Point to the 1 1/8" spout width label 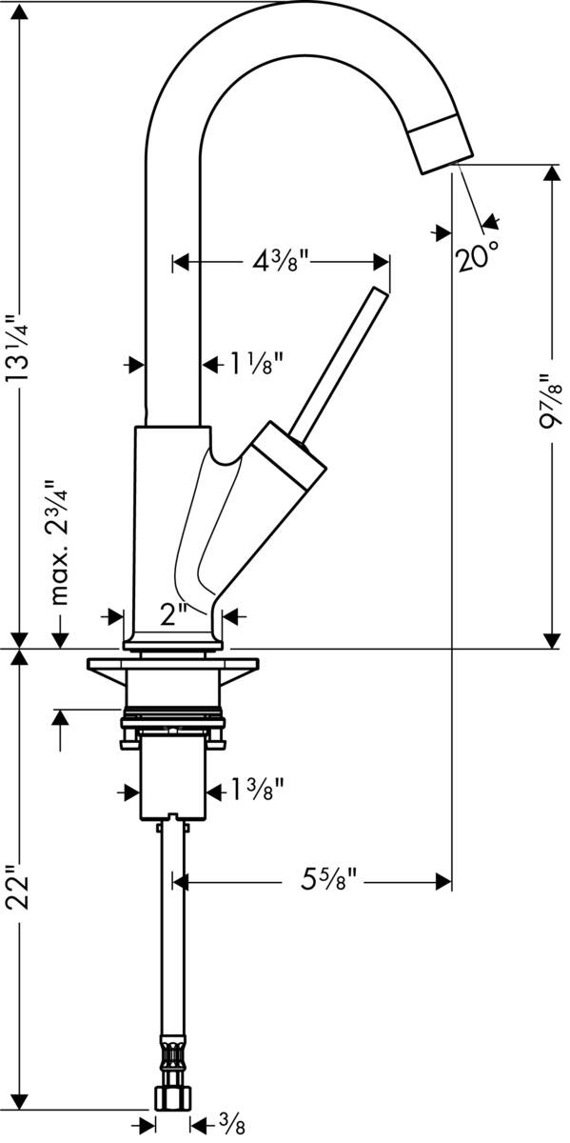pos(254,364)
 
